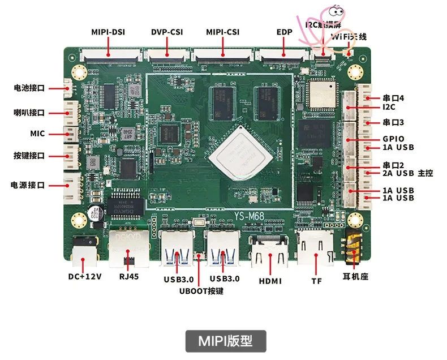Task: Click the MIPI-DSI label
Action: coord(108,32)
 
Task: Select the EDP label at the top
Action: coord(284,32)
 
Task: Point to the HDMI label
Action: coord(270,280)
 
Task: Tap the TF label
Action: coord(316,280)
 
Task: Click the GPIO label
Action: coord(393,139)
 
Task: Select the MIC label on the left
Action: coord(37,134)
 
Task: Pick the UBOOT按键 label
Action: coord(201,291)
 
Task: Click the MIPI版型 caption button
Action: coord(225,341)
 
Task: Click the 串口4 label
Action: coord(393,98)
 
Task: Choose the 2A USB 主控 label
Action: coord(407,173)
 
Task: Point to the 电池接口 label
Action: coord(29,88)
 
